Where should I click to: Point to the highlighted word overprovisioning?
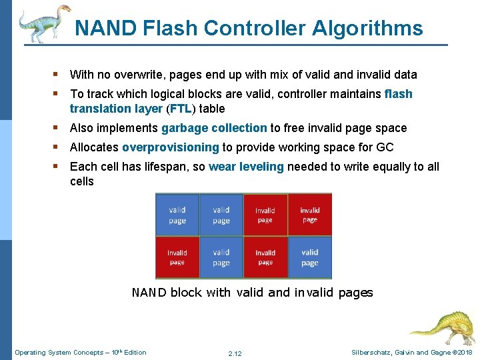pos(171,147)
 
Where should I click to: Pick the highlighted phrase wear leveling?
pos(246,167)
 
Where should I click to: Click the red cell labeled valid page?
pos(310,257)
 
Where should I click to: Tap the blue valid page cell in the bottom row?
pos(221,257)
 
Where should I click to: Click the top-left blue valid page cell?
pos(177,215)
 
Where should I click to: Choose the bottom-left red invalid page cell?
pos(177,257)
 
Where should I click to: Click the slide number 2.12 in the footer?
pos(235,353)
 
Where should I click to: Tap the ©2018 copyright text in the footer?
pos(459,352)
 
